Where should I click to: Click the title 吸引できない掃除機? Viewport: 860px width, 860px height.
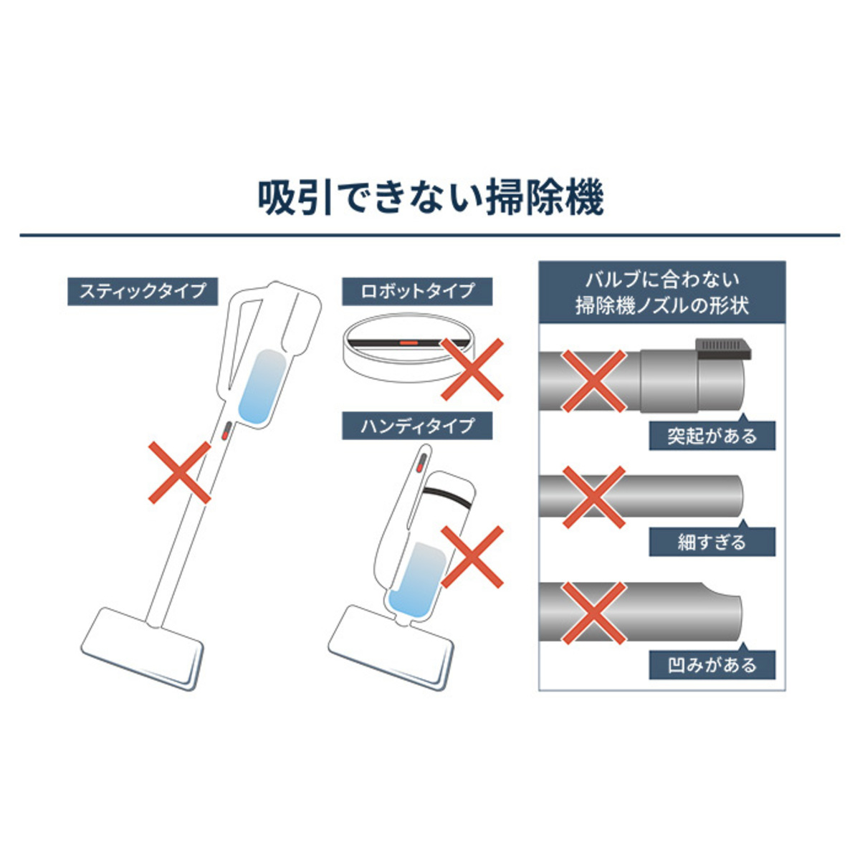click(x=431, y=198)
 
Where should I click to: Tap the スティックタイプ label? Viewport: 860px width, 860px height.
click(x=143, y=292)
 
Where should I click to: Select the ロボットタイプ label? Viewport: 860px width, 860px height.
click(x=417, y=292)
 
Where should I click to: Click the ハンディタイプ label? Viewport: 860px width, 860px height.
click(x=417, y=426)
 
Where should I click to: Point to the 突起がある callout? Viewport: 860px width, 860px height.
click(x=712, y=435)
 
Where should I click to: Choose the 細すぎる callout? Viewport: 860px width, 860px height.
click(x=712, y=542)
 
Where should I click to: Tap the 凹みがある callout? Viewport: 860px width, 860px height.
click(x=712, y=665)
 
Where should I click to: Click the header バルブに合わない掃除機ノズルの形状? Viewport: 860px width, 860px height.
click(x=662, y=292)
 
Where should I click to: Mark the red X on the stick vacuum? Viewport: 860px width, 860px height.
click(x=179, y=472)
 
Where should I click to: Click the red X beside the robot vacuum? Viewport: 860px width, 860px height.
click(x=472, y=369)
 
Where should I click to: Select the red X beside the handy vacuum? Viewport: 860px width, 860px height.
click(x=472, y=557)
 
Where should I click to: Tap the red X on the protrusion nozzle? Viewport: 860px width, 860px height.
click(x=594, y=381)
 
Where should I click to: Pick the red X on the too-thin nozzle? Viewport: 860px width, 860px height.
click(x=594, y=497)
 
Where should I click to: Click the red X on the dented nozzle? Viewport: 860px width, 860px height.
click(x=594, y=613)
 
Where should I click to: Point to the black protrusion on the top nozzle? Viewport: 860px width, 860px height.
click(x=722, y=350)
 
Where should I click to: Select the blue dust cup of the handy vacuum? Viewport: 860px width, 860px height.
click(x=417, y=580)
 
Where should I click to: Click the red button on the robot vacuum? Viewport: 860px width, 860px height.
click(x=408, y=343)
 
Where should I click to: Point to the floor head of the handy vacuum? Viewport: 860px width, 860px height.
click(x=392, y=648)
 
